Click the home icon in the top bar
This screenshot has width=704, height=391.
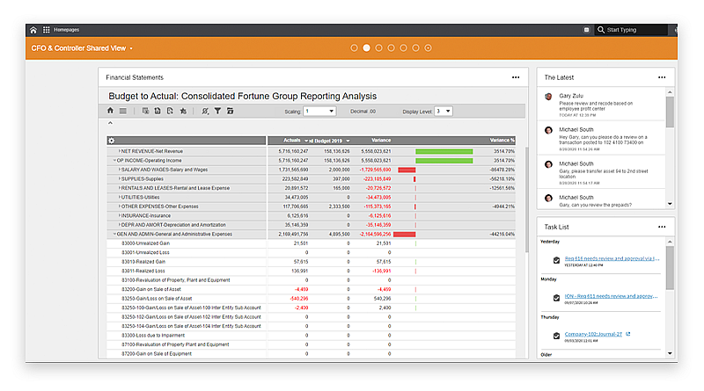tap(33, 30)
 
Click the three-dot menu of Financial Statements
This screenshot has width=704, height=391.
tap(517, 77)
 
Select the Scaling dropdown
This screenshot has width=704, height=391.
tap(319, 112)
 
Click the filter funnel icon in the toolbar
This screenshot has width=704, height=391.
tap(217, 112)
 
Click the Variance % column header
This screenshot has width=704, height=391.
tap(502, 141)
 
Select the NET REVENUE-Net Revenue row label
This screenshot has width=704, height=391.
tap(150, 151)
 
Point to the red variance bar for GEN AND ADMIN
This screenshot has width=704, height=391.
tap(404, 235)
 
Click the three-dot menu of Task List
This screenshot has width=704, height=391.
tap(662, 227)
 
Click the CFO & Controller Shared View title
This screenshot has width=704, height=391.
tap(78, 48)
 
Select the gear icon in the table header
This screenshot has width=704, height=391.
tap(112, 141)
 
